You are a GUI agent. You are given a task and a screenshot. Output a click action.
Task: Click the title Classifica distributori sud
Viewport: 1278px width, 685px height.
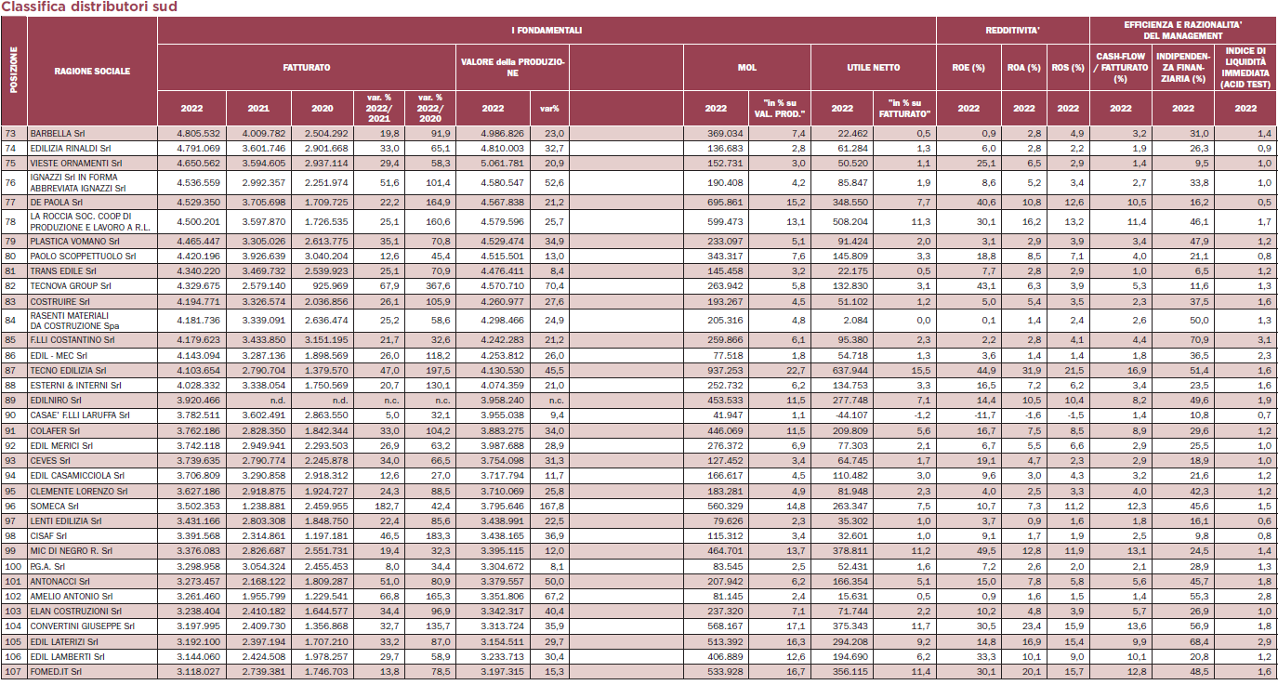coord(89,7)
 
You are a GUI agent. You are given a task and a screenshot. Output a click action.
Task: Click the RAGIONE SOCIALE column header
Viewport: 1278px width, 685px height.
coord(92,72)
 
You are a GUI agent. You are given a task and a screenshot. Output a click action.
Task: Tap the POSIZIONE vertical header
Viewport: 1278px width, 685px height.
coord(14,70)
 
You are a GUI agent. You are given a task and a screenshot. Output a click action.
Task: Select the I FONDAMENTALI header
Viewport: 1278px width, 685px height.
coord(547,31)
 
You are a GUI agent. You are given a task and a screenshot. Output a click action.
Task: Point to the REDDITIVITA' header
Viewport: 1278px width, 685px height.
coord(1013,31)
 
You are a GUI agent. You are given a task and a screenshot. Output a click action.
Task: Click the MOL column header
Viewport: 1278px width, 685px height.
coord(747,67)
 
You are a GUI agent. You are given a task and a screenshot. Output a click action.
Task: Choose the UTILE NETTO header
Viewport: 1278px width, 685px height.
coord(874,67)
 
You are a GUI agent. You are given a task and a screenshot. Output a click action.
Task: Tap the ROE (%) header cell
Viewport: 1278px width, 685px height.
coord(968,67)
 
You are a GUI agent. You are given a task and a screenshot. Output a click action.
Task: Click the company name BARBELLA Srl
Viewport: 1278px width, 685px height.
coord(57,134)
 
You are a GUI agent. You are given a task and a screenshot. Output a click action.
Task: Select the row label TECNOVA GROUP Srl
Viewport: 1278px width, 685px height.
coord(71,286)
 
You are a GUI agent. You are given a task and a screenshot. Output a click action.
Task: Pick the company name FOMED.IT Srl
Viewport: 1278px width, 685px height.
coord(56,672)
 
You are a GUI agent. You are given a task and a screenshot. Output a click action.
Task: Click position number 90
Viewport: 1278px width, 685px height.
coord(10,415)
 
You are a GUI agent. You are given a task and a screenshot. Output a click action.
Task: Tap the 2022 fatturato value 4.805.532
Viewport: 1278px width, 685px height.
coord(198,134)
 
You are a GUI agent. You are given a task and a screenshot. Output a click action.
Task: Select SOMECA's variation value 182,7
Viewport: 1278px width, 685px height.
coord(387,507)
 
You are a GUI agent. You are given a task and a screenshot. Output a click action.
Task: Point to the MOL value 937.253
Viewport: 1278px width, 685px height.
coord(725,371)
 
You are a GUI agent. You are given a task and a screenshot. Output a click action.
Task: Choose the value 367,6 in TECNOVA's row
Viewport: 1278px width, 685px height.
coord(438,286)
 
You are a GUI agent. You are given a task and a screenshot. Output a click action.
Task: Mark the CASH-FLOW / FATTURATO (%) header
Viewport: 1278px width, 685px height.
coord(1121,67)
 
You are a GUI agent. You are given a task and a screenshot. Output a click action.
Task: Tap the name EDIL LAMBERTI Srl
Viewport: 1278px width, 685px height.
coord(67,657)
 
